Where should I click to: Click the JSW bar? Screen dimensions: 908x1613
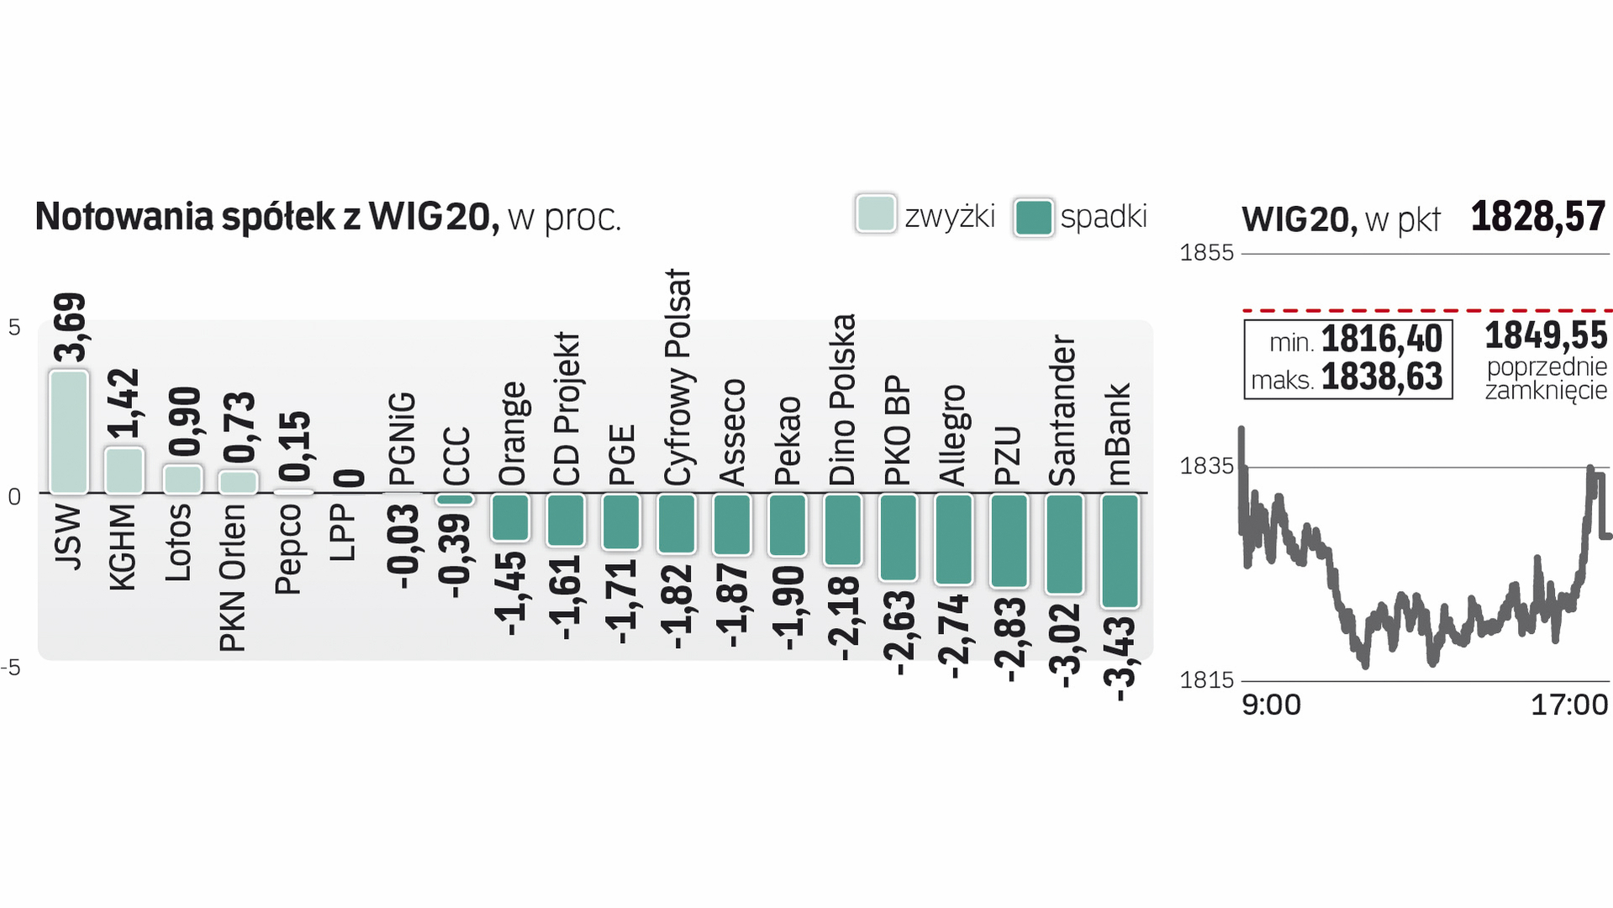69,431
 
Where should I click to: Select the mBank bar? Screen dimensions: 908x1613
1120,550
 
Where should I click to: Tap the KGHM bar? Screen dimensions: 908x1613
124,470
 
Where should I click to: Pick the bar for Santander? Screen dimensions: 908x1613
1064,543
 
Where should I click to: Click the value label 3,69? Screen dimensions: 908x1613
70,327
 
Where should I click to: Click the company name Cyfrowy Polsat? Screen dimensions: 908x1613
677,377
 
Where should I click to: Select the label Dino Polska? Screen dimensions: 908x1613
842,400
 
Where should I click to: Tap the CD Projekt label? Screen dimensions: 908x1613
567,409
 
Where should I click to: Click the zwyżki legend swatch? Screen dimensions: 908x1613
875,214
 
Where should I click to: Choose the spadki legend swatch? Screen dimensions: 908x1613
1033,218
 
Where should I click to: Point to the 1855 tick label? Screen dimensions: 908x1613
1206,253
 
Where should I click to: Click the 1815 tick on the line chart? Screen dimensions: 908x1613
1206,680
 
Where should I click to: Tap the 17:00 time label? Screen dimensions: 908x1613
1568,705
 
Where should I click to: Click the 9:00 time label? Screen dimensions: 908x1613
1271,705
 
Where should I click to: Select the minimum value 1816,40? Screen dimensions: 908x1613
1381,340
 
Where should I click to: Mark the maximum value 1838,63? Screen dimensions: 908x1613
1381,377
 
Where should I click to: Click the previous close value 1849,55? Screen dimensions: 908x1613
1545,336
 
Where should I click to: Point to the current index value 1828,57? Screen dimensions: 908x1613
1537,217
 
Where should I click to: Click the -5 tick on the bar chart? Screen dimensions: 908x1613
12,668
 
